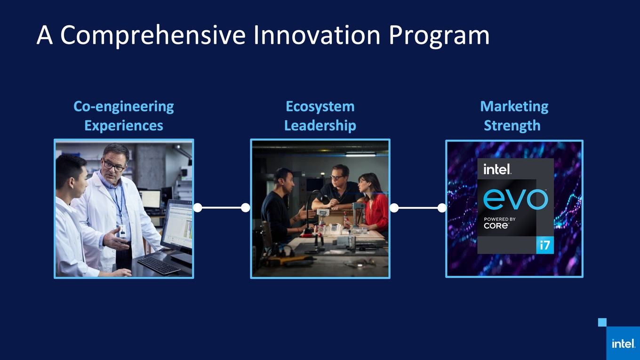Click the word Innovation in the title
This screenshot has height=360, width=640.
[x=317, y=35]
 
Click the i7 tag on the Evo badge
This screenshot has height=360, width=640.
[x=545, y=245]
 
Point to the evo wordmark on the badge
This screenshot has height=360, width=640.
[x=515, y=199]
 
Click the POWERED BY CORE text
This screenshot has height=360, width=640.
[x=500, y=223]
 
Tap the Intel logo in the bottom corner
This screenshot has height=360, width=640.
[x=623, y=344]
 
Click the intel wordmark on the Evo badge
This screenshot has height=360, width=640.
[x=497, y=169]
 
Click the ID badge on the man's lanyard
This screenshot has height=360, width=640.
[x=122, y=232]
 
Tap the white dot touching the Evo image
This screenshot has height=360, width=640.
[x=442, y=208]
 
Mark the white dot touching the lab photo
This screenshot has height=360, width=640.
[x=198, y=208]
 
